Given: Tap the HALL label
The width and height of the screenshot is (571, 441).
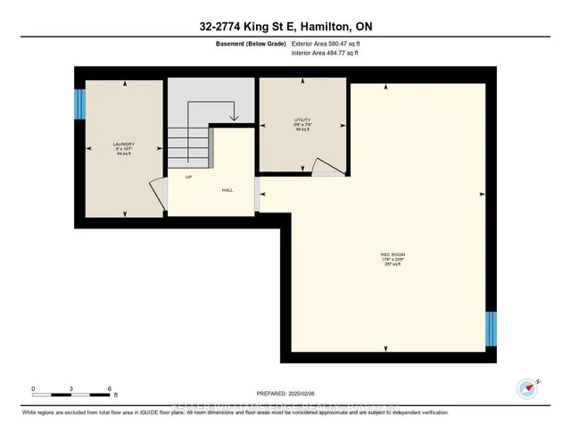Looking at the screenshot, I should [x=228, y=190].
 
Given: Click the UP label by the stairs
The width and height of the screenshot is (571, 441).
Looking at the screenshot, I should [x=188, y=177].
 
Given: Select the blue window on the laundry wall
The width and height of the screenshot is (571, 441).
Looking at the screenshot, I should [x=79, y=105].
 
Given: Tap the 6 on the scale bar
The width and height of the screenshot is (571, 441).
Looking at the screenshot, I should [x=109, y=388].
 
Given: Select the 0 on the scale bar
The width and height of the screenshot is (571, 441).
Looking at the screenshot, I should [x=34, y=388].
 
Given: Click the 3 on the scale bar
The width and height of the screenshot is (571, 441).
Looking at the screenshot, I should [x=71, y=388].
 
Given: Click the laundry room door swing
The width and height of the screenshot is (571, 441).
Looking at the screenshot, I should [x=158, y=195].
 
